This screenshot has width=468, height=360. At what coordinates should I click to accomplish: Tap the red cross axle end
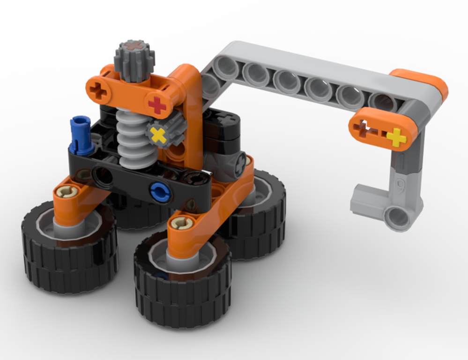click(157, 105)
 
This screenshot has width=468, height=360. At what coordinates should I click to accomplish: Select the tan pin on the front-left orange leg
click(66, 191)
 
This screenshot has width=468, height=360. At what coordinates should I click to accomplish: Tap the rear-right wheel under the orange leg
click(265, 220)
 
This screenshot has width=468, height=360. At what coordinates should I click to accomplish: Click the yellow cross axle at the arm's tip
click(396, 137)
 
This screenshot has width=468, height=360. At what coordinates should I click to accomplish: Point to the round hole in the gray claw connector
click(398, 217)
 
